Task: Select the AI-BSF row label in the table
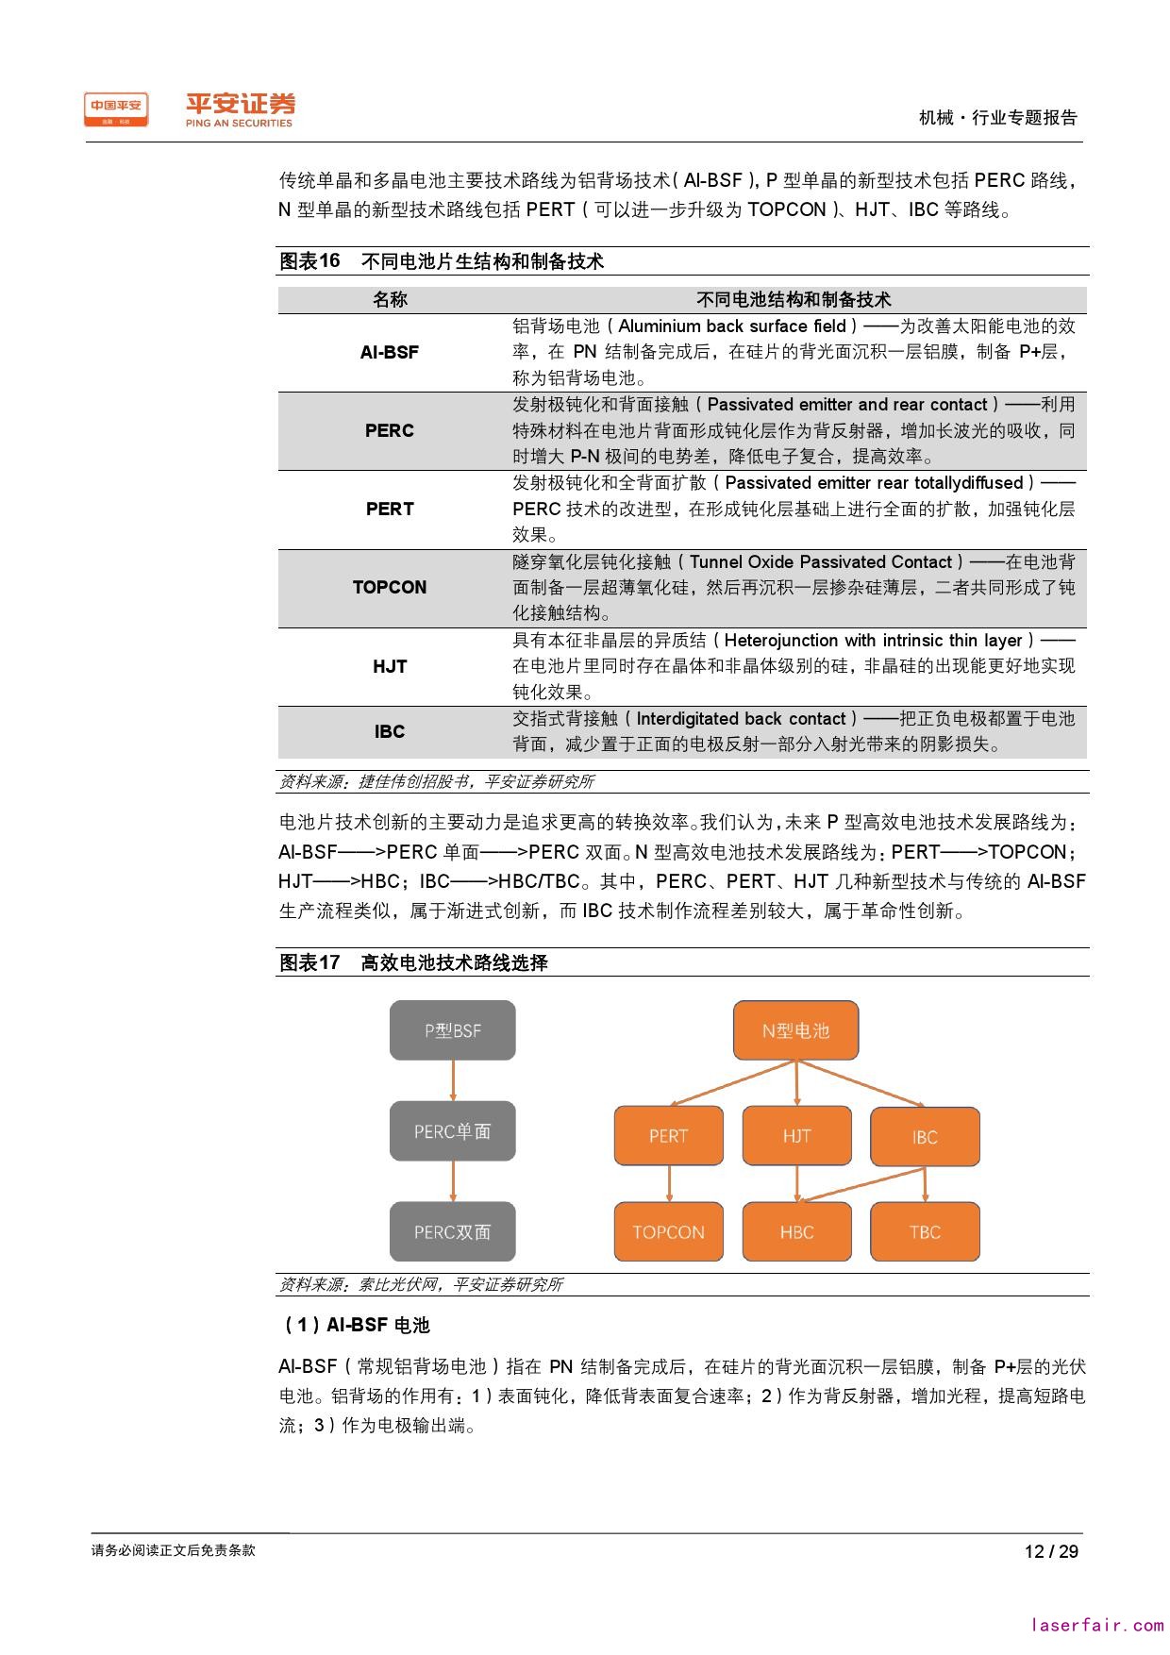point(389,352)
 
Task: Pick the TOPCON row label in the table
point(389,587)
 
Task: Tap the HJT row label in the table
point(389,666)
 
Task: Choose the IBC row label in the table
point(389,731)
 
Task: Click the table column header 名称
point(389,300)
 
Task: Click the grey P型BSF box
point(453,1030)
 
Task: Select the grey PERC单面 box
point(453,1130)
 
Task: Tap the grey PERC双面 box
point(453,1231)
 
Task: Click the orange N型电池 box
point(795,1030)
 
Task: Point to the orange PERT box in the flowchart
point(668,1136)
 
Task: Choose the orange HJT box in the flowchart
point(796,1136)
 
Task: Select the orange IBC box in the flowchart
point(925,1137)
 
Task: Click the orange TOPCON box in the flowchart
point(668,1231)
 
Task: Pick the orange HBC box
point(796,1231)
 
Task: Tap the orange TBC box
point(925,1231)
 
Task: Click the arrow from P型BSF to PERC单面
point(453,1079)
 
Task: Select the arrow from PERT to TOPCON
point(669,1183)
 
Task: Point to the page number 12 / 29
point(1051,1551)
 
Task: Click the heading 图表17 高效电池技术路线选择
point(413,962)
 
